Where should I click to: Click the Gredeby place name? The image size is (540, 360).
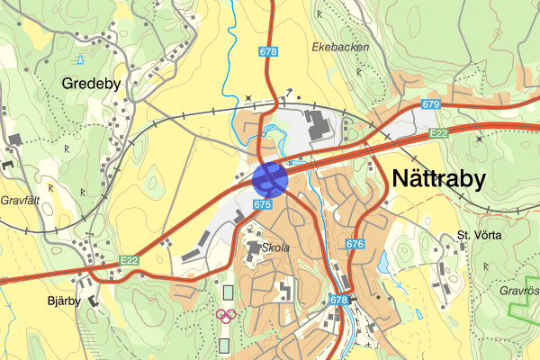tap(91, 83)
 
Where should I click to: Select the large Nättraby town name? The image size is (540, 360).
tap(439, 178)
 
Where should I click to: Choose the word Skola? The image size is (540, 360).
tap(275, 247)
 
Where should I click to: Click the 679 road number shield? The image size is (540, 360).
tap(430, 105)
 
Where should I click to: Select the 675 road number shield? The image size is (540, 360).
tap(262, 205)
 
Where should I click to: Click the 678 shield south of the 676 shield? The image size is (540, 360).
tap(338, 300)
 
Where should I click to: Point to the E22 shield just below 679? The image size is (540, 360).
tap(438, 133)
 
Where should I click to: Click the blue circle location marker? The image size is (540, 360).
tap(270, 178)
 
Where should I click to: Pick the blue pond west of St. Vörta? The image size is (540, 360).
tap(385, 263)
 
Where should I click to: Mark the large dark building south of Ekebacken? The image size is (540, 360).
tap(319, 127)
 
